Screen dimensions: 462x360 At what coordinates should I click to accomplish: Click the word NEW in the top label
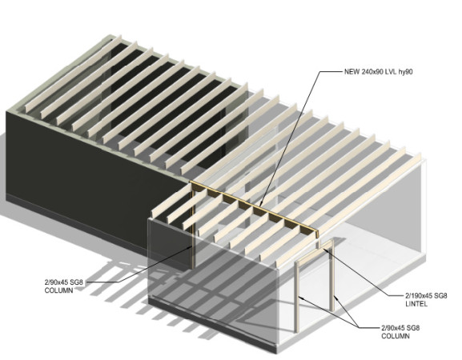click(x=352, y=71)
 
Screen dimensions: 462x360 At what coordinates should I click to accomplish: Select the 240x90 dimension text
click(x=372, y=71)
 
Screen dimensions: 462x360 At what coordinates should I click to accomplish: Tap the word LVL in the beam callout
click(x=391, y=71)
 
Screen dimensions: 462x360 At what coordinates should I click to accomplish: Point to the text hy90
click(x=405, y=71)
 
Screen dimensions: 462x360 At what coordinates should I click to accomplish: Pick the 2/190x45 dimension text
click(x=420, y=295)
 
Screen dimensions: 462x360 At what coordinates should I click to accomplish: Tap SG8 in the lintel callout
click(x=441, y=295)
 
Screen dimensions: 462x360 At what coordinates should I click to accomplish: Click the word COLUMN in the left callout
click(x=58, y=290)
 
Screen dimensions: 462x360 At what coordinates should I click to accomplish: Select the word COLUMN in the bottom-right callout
click(x=395, y=336)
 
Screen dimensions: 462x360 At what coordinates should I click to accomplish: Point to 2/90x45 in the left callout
click(x=56, y=282)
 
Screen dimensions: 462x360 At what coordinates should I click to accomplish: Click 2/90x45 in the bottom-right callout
click(x=393, y=328)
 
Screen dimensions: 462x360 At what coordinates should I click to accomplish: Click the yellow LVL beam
click(x=255, y=209)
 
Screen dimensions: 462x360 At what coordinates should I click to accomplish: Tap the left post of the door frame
click(x=297, y=297)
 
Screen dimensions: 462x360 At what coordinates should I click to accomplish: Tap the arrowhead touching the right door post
click(x=336, y=300)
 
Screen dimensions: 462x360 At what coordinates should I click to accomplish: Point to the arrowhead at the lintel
click(x=326, y=250)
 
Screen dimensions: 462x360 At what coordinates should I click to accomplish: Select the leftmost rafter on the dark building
click(x=73, y=74)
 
